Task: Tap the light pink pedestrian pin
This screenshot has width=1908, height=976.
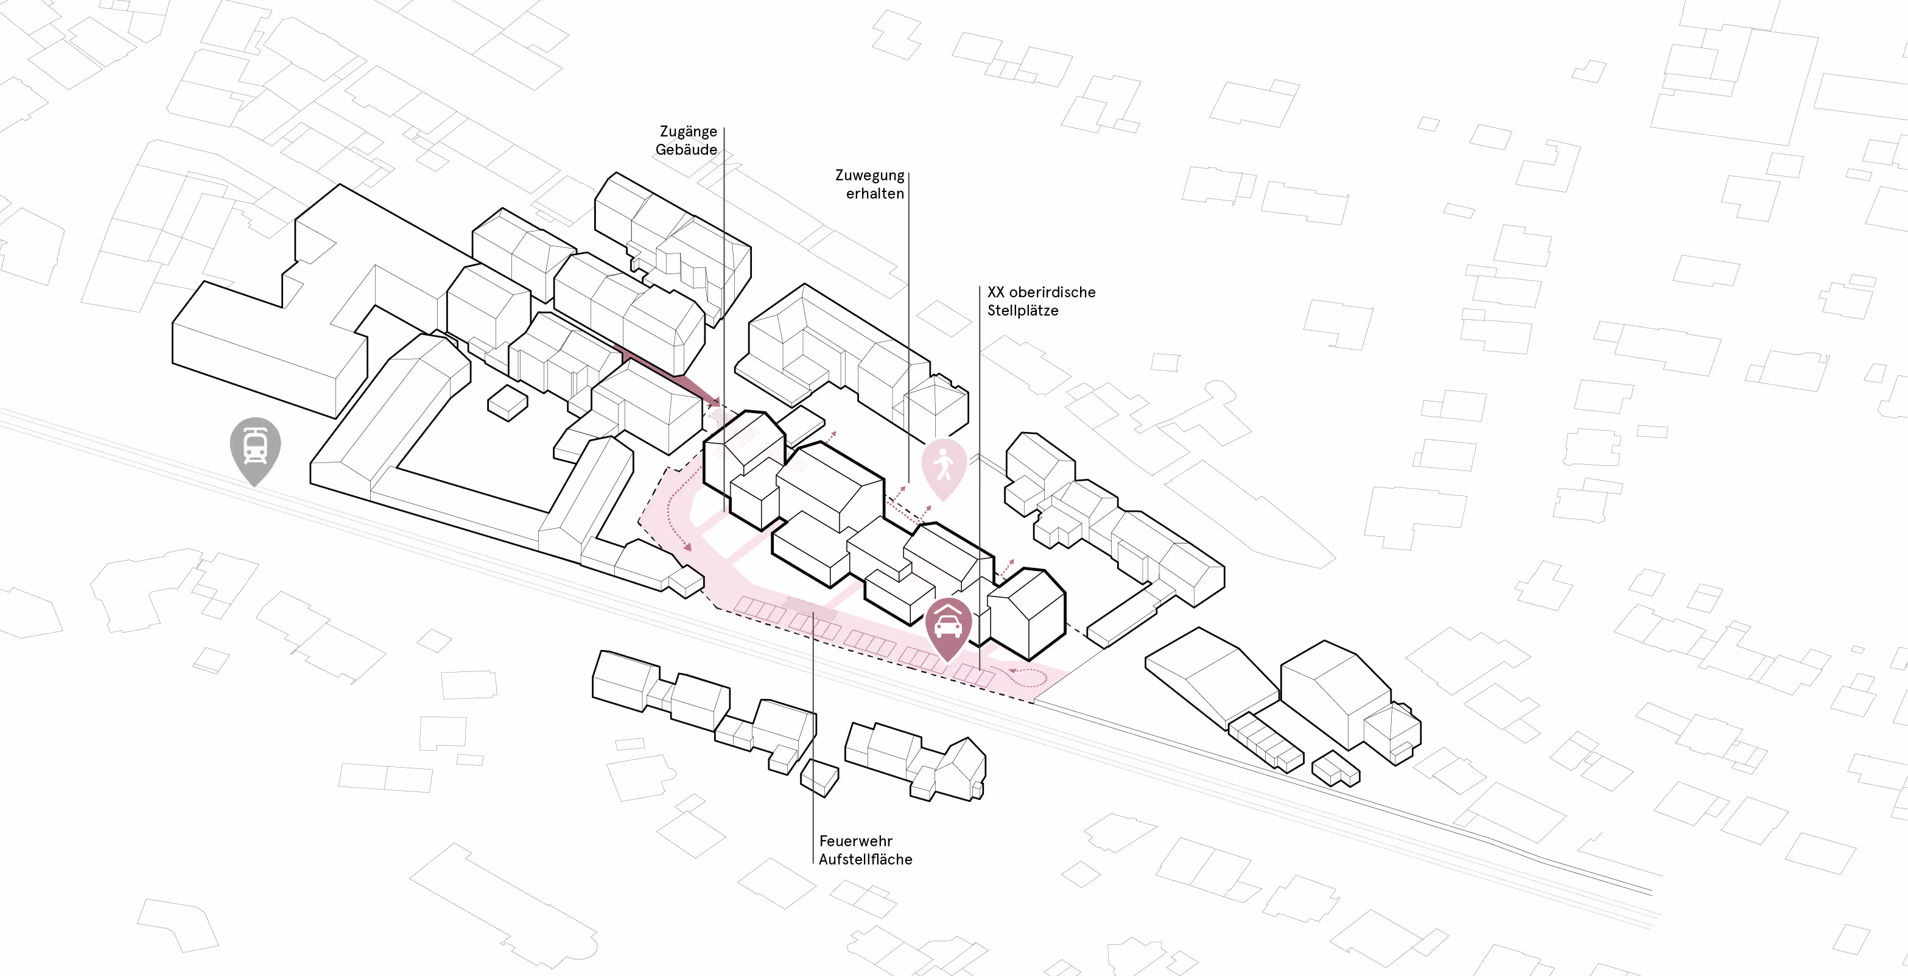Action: coord(944,466)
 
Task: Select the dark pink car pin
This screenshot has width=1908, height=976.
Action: coord(948,626)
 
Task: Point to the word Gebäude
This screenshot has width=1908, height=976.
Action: coord(686,150)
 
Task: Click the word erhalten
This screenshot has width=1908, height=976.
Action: coord(875,193)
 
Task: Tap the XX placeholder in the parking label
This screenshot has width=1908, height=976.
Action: coord(995,292)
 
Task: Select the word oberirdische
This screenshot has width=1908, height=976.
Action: coord(1052,292)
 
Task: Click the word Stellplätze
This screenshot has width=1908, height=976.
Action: coord(1022,311)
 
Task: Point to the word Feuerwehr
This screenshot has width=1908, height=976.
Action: coord(855,841)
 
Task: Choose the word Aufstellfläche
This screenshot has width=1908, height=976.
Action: coord(865,860)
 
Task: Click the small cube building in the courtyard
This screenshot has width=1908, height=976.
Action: coord(507,403)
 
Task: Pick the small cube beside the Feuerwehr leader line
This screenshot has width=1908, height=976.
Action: coord(819,777)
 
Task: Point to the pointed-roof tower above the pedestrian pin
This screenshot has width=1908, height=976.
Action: coord(936,405)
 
